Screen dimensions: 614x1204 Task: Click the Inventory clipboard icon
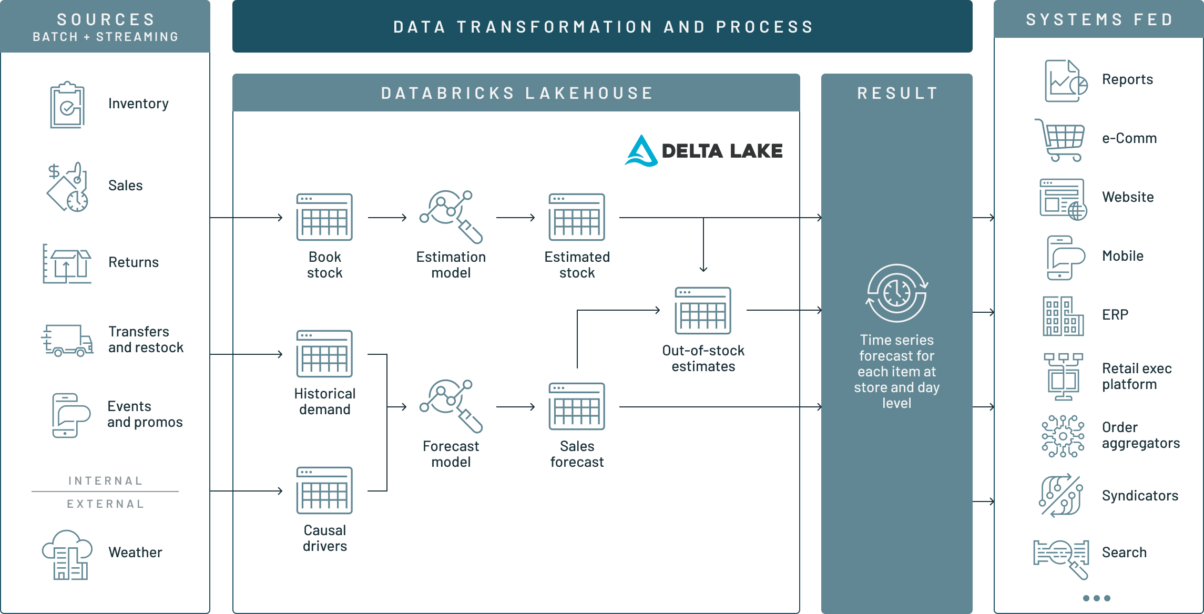(x=67, y=105)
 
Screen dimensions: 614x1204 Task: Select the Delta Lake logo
(x=703, y=151)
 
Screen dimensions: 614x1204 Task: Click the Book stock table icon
(x=324, y=217)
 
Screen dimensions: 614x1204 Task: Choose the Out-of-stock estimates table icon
(x=703, y=311)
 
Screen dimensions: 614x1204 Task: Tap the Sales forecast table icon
(x=577, y=406)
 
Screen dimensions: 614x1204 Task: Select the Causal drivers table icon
(x=324, y=490)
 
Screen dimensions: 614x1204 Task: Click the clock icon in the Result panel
(x=896, y=293)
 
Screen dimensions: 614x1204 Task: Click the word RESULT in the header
(x=897, y=93)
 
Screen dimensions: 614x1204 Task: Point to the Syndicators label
(x=1140, y=496)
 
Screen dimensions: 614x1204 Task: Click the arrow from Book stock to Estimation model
(x=387, y=217)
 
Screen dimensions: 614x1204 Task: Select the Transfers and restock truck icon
(x=67, y=340)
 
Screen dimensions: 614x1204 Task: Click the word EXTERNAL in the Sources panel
(x=105, y=504)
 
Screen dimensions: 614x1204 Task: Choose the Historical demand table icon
(x=324, y=354)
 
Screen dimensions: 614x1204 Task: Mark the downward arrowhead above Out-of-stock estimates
(x=703, y=269)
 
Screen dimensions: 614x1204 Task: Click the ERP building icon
(x=1063, y=316)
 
